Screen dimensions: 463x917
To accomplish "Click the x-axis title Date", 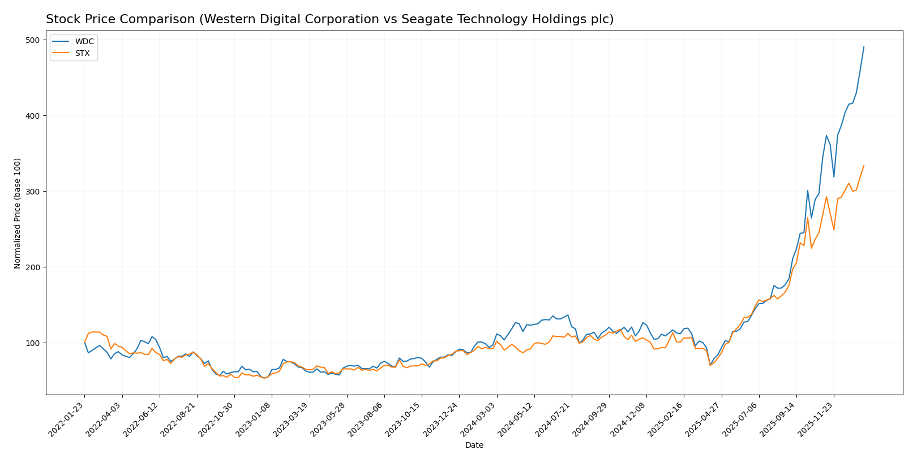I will point(474,445).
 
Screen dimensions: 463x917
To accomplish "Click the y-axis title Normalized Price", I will point(18,213).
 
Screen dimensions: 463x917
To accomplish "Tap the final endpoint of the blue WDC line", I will point(864,47).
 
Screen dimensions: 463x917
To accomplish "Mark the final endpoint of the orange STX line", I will point(864,166).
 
